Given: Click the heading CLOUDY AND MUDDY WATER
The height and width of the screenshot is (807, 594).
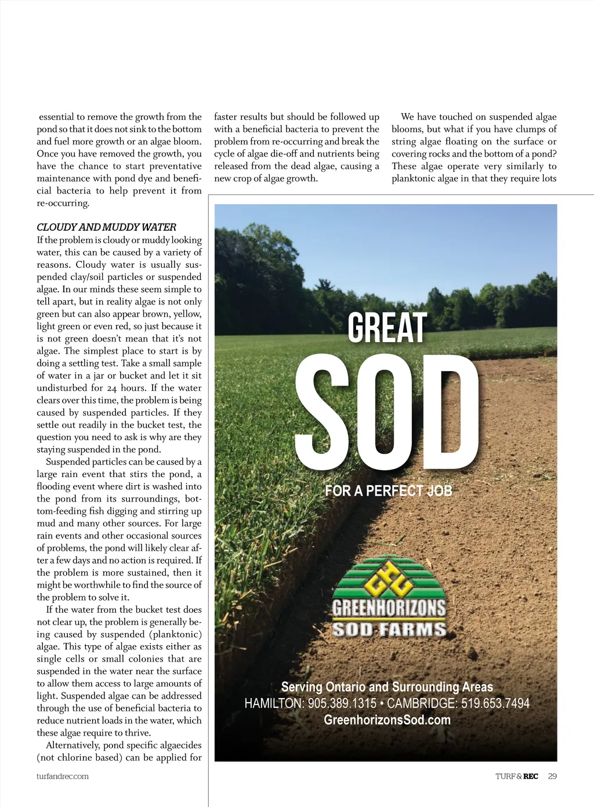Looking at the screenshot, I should [x=106, y=227].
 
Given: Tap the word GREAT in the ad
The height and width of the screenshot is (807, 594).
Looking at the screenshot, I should [x=387, y=328].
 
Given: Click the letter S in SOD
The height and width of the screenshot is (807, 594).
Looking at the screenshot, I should [x=323, y=412].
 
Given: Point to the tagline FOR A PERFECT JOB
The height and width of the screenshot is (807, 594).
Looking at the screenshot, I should [x=388, y=491].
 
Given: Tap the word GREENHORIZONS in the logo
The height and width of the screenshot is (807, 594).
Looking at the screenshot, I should [x=389, y=608].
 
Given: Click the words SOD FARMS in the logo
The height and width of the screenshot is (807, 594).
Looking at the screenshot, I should [x=389, y=630].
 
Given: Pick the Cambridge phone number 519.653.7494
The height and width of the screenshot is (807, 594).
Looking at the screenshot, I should [x=495, y=703].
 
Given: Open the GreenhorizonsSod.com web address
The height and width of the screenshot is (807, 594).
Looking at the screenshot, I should [x=387, y=720].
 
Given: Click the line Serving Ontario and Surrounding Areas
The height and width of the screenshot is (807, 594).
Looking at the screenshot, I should [x=387, y=687].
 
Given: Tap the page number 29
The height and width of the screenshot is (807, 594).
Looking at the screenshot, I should [x=552, y=776].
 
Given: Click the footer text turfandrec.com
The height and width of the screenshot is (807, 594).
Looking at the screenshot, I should [x=63, y=776].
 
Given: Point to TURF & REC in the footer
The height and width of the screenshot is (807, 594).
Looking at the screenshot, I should [x=516, y=776].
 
